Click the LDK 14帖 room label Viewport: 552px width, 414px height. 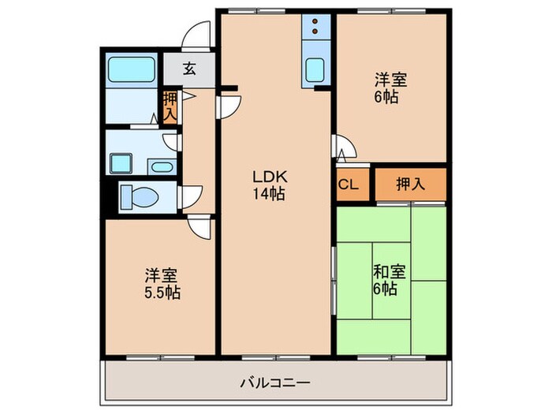coord(270,185)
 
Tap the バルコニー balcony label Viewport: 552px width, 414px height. coord(275,382)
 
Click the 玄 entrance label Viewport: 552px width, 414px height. coord(189,69)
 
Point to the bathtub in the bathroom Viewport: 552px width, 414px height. coord(132,69)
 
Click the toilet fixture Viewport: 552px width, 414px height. coord(138,197)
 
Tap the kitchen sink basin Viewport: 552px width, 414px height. coord(315,69)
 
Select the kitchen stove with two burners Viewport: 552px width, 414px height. coord(315,26)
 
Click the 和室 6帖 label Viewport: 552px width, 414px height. coord(390,280)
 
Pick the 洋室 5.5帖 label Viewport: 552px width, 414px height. coord(162,284)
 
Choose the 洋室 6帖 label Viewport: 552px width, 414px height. coord(390,88)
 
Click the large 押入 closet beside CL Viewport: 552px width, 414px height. coord(411,184)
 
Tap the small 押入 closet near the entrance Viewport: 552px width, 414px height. coord(170,106)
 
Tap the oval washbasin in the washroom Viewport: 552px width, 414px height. coord(162,166)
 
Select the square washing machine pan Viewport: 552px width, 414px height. coord(121,163)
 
